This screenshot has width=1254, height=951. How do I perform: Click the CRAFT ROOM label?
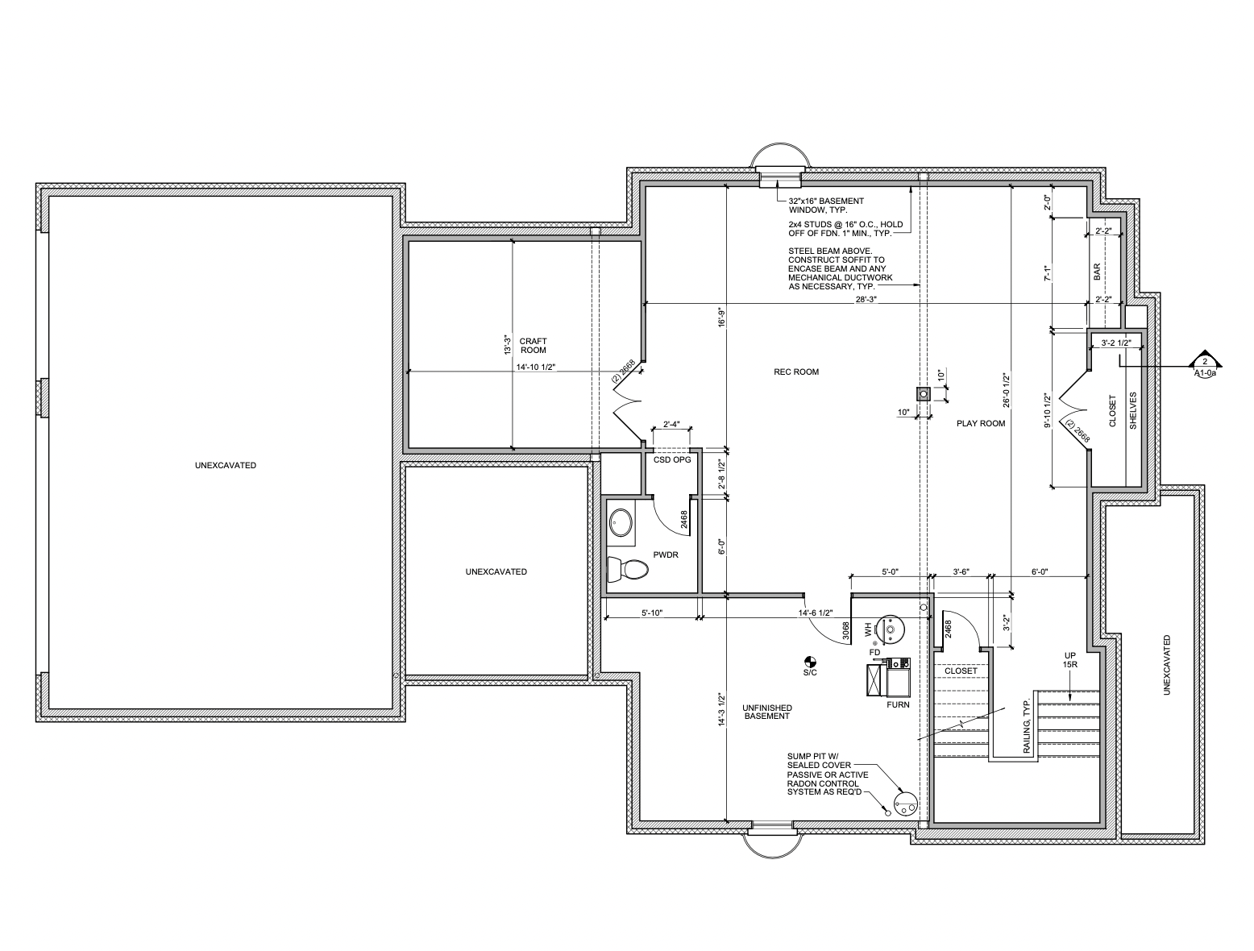533,346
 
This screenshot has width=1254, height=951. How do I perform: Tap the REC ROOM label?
796,372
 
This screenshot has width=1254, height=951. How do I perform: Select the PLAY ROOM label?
981,423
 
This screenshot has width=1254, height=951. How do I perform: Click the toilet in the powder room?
627,568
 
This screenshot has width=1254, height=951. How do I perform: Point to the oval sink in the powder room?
621,522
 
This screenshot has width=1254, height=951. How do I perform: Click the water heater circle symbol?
891,629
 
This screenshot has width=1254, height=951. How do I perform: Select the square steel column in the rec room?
923,393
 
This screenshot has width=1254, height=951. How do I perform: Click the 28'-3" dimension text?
866,299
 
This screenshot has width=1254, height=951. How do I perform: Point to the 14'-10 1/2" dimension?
536,368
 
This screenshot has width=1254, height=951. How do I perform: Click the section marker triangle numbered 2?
1205,359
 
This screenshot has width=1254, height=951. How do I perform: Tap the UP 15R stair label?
1069,660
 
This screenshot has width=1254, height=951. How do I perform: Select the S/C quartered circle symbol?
809,662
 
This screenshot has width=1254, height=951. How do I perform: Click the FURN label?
898,705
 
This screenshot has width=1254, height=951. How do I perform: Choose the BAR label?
1097,272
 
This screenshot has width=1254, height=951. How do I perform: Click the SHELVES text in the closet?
1133,410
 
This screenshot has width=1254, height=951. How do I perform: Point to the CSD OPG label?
672,460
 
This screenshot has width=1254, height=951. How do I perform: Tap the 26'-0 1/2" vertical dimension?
1007,391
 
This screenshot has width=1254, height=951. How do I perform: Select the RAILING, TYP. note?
1026,725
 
